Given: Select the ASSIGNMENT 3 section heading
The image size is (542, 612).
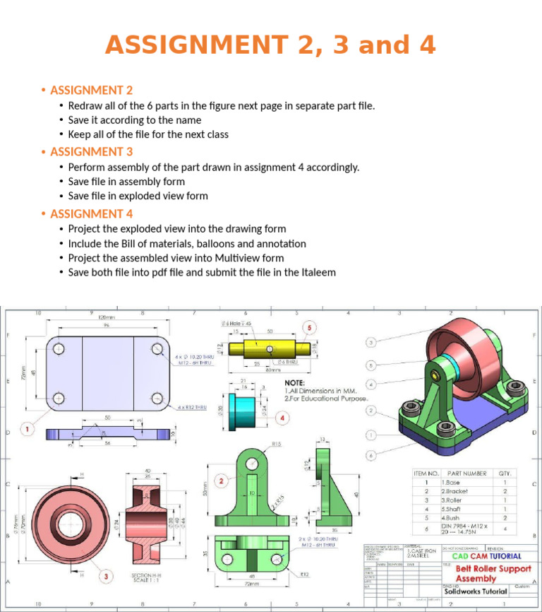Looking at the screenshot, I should [91, 151].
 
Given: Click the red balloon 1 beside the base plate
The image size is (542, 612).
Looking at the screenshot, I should [27, 428].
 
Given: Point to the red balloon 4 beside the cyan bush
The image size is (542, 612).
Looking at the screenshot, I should [283, 418].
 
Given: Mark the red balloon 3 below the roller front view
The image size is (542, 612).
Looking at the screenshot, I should [106, 577].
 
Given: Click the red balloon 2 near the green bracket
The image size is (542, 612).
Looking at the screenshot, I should [221, 481].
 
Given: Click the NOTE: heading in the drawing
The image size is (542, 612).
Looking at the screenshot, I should [294, 382].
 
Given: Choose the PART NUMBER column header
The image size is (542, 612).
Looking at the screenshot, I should [466, 473].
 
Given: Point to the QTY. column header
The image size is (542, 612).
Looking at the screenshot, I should [505, 473].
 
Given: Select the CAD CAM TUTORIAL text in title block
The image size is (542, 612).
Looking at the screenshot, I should [486, 556].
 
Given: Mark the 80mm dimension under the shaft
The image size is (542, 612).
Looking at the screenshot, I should [272, 369].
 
